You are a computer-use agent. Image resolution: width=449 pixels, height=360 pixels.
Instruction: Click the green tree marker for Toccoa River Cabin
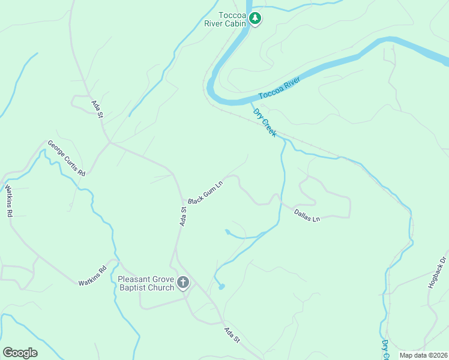[256, 19]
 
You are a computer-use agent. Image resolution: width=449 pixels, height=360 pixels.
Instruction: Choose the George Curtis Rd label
[67, 158]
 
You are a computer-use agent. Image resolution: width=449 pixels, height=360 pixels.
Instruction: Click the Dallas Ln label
[307, 215]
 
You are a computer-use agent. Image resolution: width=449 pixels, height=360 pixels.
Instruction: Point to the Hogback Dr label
[438, 273]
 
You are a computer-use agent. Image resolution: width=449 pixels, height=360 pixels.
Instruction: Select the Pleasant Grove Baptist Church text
[146, 283]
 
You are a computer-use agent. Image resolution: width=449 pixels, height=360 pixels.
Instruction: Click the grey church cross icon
[183, 282]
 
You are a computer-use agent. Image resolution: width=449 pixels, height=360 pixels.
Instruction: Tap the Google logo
[20, 353]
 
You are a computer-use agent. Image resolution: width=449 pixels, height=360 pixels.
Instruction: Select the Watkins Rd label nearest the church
[92, 277]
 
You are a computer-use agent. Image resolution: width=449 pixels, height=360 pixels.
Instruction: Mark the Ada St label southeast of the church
[232, 335]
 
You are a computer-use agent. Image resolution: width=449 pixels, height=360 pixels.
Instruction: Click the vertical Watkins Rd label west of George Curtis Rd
[8, 200]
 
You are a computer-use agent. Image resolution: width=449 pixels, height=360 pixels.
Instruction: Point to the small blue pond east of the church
[221, 287]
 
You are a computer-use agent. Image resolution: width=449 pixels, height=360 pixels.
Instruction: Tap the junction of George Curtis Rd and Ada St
[109, 143]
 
